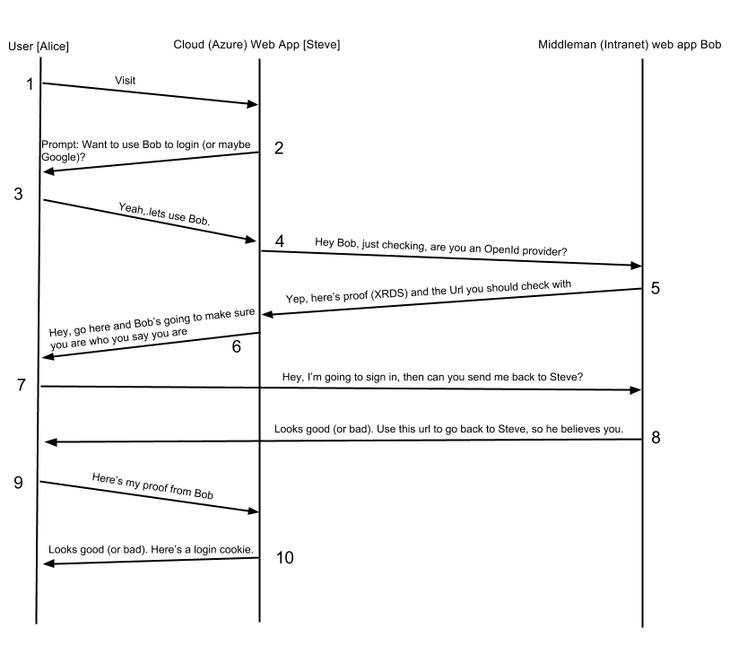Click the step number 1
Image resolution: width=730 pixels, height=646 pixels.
point(30,84)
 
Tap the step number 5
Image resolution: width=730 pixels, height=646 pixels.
point(656,289)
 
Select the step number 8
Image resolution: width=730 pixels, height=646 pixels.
point(656,438)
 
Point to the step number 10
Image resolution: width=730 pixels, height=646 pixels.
point(284,557)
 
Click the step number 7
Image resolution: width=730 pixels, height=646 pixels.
point(21,385)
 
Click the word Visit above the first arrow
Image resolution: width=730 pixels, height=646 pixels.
point(126,81)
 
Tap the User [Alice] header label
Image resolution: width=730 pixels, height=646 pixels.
point(38,46)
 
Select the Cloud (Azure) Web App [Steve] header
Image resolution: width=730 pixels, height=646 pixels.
point(256,45)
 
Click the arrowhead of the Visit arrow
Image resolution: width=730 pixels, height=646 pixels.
point(253,104)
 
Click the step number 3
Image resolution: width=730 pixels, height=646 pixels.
point(19,194)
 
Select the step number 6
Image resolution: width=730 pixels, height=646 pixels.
point(236,346)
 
